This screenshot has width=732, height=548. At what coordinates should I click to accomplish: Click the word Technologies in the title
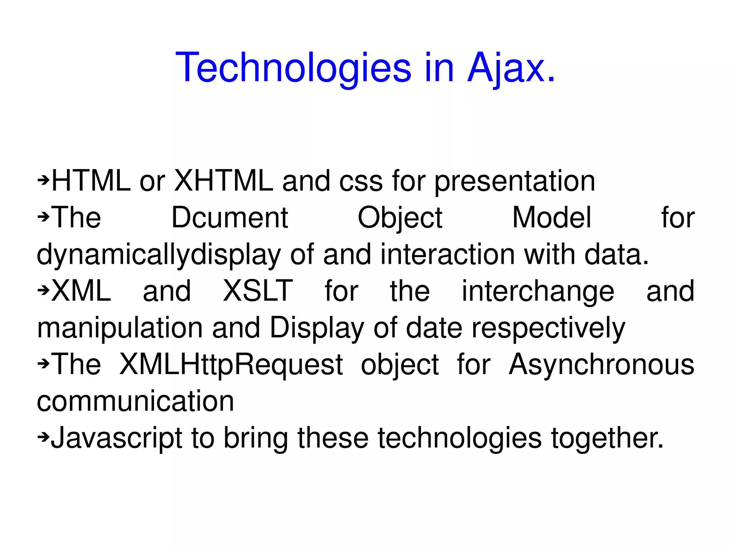click(293, 68)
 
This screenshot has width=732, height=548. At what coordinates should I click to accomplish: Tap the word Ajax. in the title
click(511, 68)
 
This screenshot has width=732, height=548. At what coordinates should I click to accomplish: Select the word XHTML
click(223, 181)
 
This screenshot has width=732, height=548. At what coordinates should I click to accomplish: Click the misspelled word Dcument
click(230, 217)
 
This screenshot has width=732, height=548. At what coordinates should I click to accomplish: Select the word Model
click(552, 217)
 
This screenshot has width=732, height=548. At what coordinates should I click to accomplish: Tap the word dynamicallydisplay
click(159, 255)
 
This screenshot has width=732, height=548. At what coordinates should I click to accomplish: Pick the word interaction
click(447, 255)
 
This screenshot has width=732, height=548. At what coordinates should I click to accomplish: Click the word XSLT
click(258, 291)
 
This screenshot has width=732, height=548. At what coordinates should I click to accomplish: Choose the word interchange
click(538, 291)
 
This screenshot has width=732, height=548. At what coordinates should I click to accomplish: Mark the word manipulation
click(120, 328)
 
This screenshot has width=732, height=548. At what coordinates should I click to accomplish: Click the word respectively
click(548, 328)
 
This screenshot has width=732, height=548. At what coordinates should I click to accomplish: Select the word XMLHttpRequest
click(231, 365)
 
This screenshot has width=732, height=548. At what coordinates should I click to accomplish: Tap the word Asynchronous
click(602, 365)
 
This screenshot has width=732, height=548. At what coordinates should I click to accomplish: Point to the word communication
click(135, 401)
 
